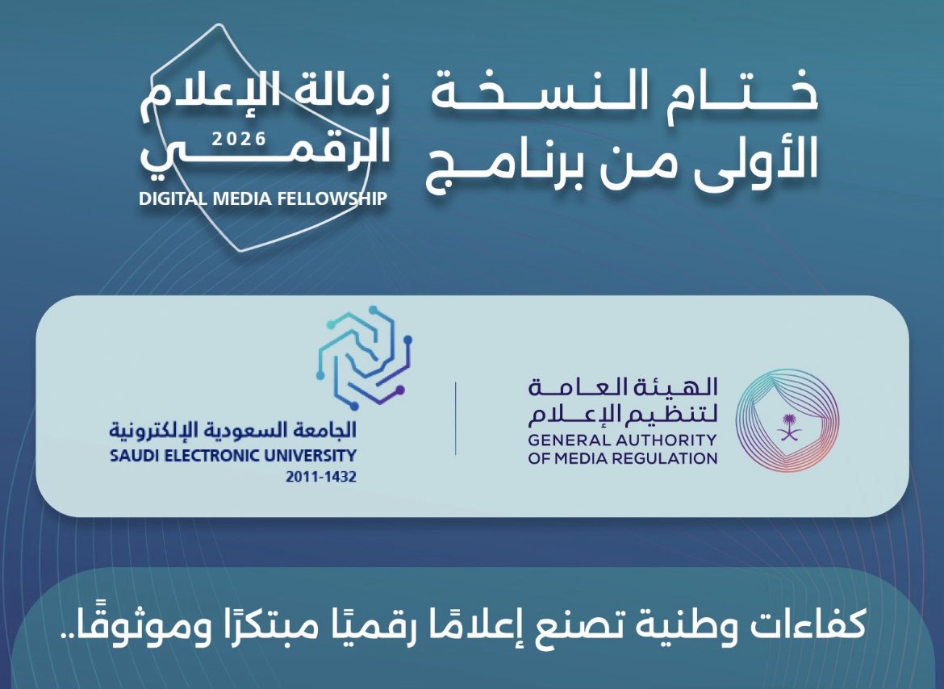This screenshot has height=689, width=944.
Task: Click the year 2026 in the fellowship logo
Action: pyautogui.click(x=239, y=139)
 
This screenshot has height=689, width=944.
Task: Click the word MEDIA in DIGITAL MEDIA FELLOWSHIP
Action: pyautogui.click(x=240, y=198)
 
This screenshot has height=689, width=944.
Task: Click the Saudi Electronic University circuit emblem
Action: pyautogui.click(x=364, y=357)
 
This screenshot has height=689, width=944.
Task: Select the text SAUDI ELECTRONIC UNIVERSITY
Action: pyautogui.click(x=233, y=456)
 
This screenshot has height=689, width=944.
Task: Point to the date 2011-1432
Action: pyautogui.click(x=321, y=477)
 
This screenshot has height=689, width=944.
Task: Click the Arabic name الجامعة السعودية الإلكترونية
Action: pyautogui.click(x=233, y=430)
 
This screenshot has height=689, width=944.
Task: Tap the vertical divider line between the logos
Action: pyautogui.click(x=456, y=418)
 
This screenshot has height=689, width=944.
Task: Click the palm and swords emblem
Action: pyautogui.click(x=787, y=428)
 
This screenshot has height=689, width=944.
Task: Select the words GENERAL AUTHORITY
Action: pyautogui.click(x=622, y=440)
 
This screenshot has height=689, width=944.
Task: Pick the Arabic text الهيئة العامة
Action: pyautogui.click(x=623, y=387)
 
